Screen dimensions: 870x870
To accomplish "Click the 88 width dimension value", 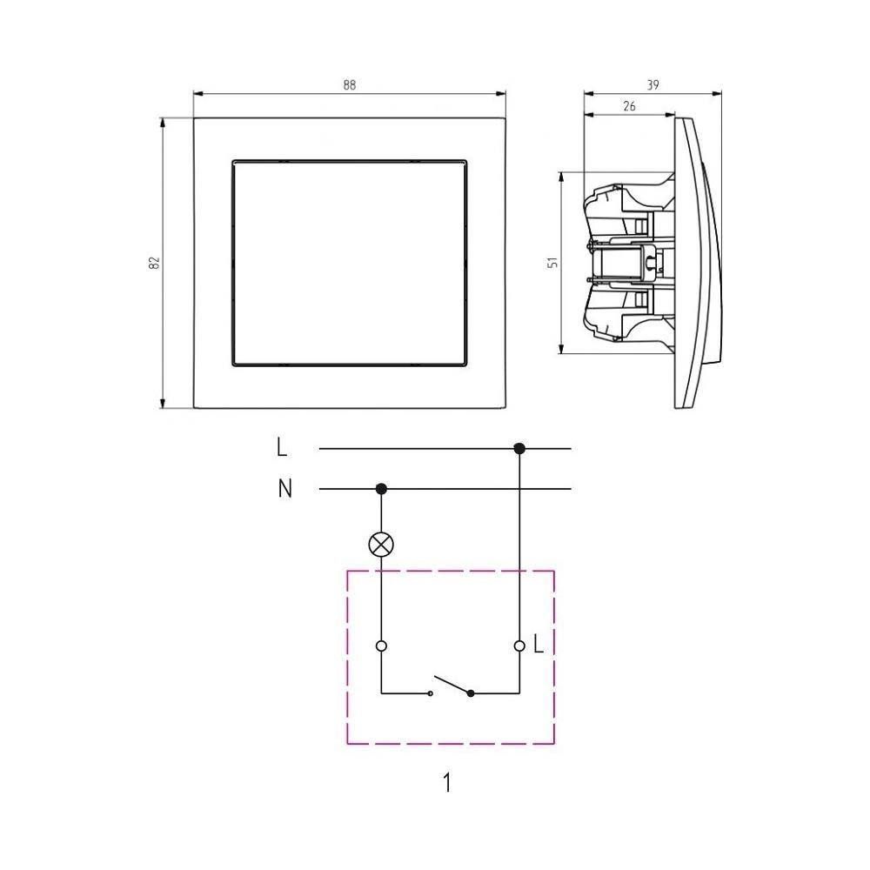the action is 349,85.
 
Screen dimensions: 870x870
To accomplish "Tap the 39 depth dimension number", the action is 652,85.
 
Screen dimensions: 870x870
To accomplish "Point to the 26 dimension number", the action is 629,106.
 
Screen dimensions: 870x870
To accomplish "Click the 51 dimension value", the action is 553,263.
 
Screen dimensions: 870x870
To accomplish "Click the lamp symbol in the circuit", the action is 381,545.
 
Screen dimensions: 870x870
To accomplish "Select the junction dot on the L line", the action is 519,448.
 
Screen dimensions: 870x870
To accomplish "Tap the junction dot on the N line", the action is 381,489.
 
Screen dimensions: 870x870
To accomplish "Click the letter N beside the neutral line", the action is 284,489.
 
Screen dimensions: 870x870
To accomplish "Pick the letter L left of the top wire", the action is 282,447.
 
